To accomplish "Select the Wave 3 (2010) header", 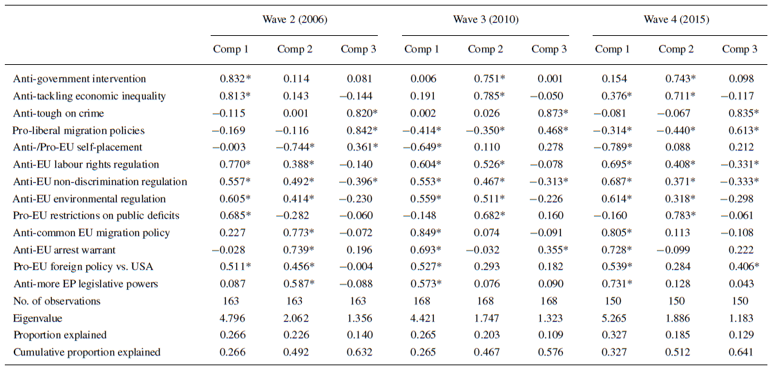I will pos(485,19).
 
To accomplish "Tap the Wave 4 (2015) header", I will pos(676,19).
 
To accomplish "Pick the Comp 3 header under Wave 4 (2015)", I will pos(740,49).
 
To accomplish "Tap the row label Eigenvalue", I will pos(37,318).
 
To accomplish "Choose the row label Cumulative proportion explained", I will pos(86,352).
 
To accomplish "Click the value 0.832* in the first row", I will pos(233,79).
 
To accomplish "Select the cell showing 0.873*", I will pos(550,113).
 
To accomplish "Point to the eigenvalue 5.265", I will pos(613,318).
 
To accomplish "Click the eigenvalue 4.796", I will pos(231,318).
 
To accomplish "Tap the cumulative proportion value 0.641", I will pos(740,352).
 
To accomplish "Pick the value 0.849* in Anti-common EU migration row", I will pos(424,233).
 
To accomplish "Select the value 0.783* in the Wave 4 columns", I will pos(678,216).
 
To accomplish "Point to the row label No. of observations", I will pos(57,301).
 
